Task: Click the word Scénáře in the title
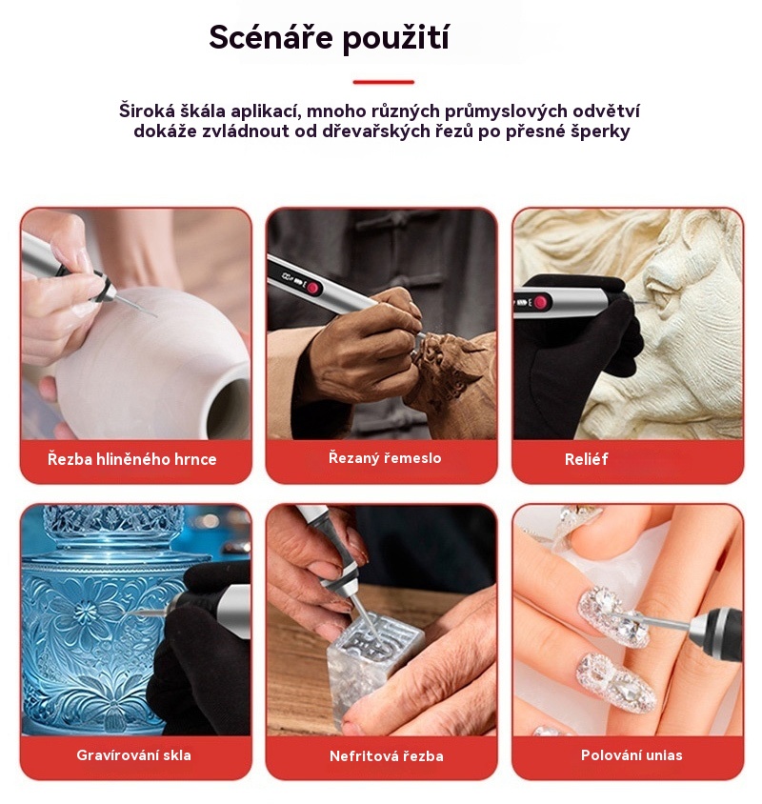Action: [271, 37]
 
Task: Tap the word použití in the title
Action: [396, 38]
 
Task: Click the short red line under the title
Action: [383, 82]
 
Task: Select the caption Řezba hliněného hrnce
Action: [131, 458]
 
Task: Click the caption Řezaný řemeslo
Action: [385, 457]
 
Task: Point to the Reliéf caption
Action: [586, 459]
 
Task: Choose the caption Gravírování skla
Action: [133, 754]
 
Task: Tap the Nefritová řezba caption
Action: [386, 755]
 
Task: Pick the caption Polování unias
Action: [632, 754]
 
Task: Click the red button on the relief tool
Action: [540, 302]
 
